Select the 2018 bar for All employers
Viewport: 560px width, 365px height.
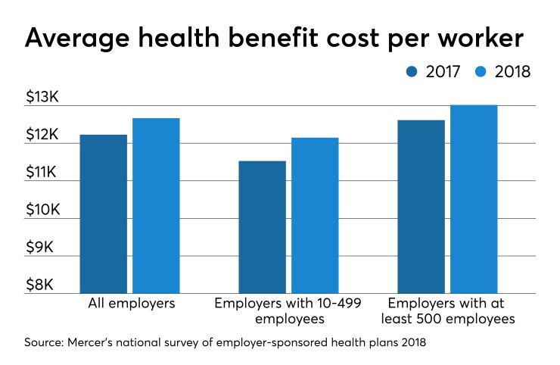[156, 205]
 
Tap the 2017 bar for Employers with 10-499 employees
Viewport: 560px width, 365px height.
[262, 226]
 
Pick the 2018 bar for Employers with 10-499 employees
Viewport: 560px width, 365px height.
[315, 215]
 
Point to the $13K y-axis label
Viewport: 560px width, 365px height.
[43, 98]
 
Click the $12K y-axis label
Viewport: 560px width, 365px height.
[43, 136]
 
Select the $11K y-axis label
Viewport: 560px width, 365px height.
[43, 173]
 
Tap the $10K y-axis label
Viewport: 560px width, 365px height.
[43, 211]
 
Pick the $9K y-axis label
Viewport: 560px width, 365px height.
[46, 248]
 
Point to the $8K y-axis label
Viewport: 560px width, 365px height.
[46, 285]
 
